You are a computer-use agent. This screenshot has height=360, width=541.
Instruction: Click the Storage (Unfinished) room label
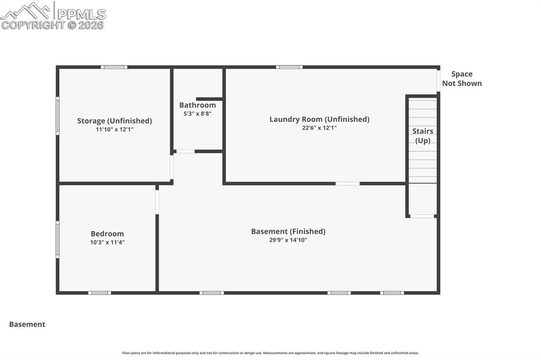[115, 121]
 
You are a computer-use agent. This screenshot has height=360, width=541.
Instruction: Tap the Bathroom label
[198, 105]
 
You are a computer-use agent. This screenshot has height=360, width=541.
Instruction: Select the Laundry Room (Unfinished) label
[319, 119]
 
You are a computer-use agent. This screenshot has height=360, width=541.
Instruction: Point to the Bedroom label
[107, 234]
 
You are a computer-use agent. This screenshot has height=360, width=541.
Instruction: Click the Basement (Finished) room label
[288, 231]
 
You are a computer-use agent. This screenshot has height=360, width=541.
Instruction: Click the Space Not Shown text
[462, 79]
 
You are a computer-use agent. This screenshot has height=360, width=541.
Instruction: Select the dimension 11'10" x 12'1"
[115, 129]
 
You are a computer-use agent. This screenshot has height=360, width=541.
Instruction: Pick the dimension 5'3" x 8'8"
[198, 113]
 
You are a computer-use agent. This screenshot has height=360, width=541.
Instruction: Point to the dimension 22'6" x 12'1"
[319, 128]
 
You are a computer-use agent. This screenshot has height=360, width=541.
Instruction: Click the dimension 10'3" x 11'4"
[107, 242]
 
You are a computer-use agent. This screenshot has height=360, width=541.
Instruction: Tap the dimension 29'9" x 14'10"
[288, 240]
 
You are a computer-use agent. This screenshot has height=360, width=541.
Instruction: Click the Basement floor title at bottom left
[27, 325]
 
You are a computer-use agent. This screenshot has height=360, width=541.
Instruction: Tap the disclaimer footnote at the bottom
[270, 353]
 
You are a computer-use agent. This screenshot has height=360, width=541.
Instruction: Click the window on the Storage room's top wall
[114, 67]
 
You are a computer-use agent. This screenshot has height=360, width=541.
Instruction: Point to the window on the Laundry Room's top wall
[290, 67]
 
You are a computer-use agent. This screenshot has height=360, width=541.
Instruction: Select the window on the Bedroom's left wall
[58, 240]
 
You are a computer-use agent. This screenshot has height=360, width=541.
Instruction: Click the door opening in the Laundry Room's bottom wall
[348, 184]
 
